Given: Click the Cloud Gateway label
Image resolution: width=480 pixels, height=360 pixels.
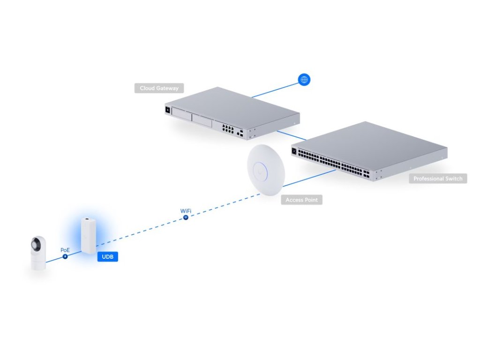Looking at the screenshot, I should tap(159, 88).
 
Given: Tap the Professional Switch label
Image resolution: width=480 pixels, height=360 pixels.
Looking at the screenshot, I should tap(438, 179).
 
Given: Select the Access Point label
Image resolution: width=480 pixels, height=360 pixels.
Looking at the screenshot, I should tap(301, 200).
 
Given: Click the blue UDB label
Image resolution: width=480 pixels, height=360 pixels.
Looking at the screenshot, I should tap(107, 257).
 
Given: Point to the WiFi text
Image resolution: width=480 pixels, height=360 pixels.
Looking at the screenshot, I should tap(186, 211).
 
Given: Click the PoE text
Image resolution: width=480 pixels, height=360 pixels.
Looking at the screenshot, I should tap(65, 250).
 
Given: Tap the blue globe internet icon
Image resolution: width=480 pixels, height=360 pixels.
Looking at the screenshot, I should tap(304, 80).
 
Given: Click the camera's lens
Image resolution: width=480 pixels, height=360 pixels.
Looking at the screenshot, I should tap(34, 244).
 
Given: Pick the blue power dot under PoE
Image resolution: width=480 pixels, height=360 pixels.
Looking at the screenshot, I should tap(65, 256).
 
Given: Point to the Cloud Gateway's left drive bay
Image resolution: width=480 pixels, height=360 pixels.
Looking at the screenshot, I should tap(181, 115).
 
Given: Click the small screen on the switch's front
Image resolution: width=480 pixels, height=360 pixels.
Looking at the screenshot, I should tap(295, 151).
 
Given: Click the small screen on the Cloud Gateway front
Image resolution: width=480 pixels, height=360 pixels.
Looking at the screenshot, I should tap(167, 110).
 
